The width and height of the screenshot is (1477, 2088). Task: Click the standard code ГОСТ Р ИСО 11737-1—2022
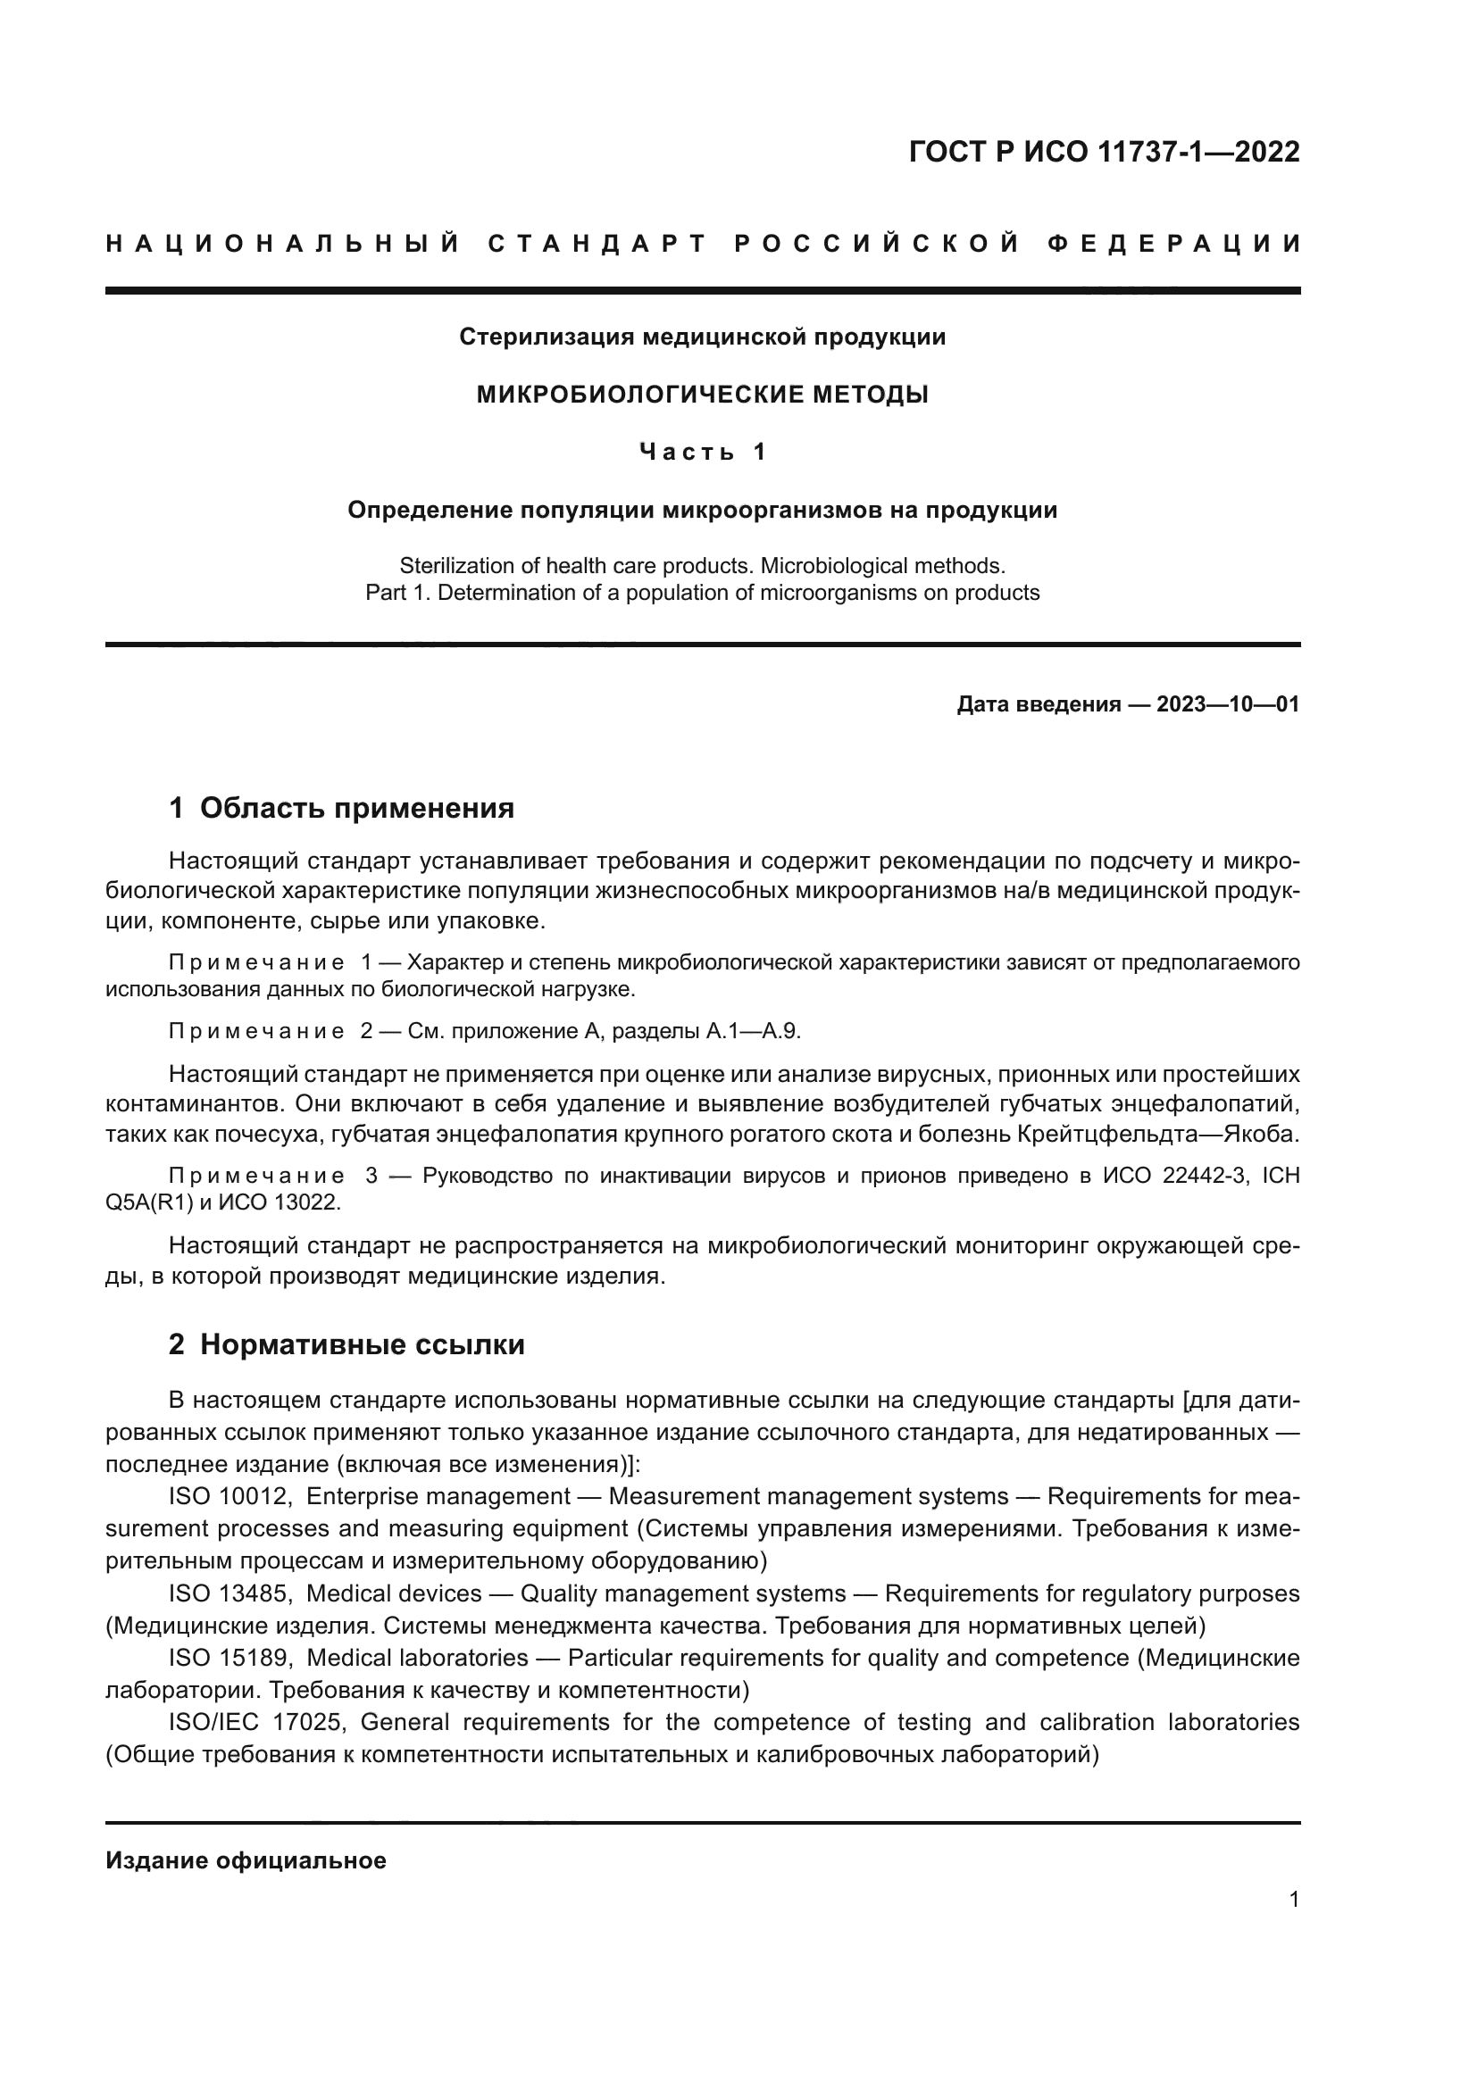(x=1104, y=152)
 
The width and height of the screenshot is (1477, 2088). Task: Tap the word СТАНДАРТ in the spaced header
(x=597, y=244)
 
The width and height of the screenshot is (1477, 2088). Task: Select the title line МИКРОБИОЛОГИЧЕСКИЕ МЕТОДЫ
(x=702, y=395)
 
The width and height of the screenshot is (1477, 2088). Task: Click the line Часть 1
(x=702, y=452)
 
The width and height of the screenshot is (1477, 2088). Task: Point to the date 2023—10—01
(x=1228, y=705)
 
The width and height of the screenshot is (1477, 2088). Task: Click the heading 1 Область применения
(x=341, y=808)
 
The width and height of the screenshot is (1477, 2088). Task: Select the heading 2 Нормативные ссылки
(x=346, y=1345)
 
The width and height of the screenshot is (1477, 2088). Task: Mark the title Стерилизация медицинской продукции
(x=702, y=337)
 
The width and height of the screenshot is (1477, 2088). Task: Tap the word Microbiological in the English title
(x=832, y=566)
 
